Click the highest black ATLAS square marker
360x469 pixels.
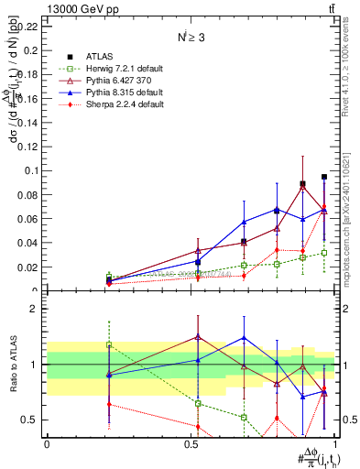click(x=324, y=177)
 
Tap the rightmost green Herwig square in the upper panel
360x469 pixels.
click(x=324, y=253)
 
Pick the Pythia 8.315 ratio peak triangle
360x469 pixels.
click(x=244, y=338)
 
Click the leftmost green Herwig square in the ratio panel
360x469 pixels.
click(x=109, y=344)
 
